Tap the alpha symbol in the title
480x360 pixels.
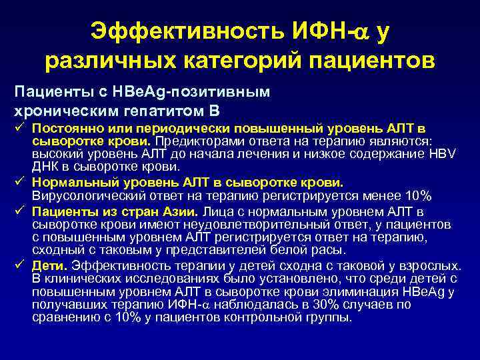coord(361,30)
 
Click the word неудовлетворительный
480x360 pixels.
coord(219,226)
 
